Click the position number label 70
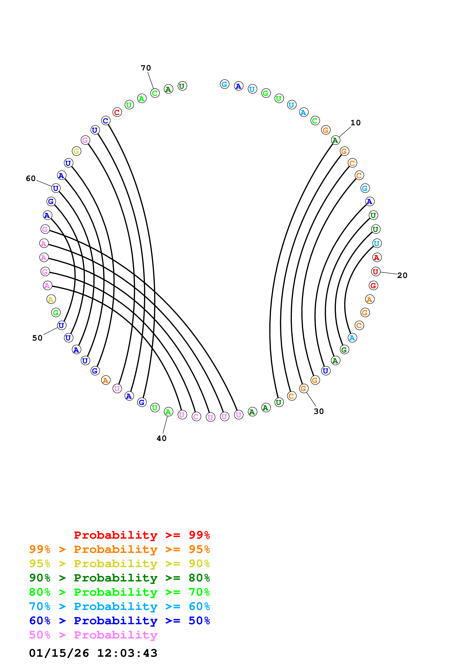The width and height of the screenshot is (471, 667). click(x=146, y=68)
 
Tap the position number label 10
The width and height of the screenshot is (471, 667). click(x=355, y=123)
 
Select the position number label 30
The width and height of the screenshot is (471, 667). click(x=318, y=411)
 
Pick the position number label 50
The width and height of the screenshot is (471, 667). click(x=37, y=338)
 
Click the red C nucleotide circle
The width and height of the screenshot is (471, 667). click(x=117, y=112)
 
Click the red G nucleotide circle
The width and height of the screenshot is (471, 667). click(x=373, y=286)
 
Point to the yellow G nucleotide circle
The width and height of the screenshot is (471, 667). click(x=76, y=151)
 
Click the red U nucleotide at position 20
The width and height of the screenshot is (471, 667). click(x=375, y=272)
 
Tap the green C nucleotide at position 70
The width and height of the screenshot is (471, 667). click(x=155, y=93)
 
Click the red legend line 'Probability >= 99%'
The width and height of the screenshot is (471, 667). click(x=142, y=535)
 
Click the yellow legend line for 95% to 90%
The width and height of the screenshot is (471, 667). click(x=119, y=563)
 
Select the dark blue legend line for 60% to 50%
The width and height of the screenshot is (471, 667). click(x=119, y=621)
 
